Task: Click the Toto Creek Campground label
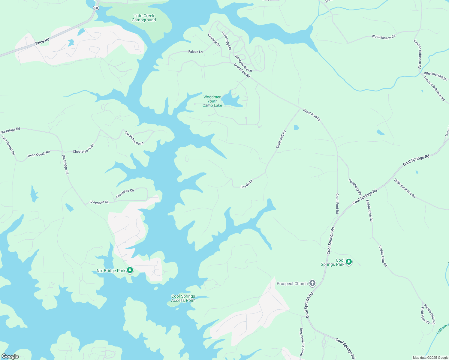pos(144,18)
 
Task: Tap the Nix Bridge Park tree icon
pos(130,271)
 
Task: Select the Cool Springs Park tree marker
pos(348,262)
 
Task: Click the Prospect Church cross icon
pos(312,283)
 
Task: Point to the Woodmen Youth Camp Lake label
pos(212,101)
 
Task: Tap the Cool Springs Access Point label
pos(183,298)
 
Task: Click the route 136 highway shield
pos(96,8)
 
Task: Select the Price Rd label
pos(42,41)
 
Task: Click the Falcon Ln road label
pos(195,52)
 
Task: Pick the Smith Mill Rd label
pos(281,139)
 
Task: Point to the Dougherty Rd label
pos(355,187)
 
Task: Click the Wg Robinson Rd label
pos(384,37)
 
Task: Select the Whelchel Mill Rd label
pos(435,76)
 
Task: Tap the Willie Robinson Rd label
pos(405,188)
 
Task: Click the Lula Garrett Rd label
pos(8,145)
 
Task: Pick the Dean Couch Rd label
pos(39,154)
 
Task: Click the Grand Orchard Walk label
pos(302,342)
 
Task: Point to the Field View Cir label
pos(425,315)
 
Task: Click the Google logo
pos(10,356)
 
